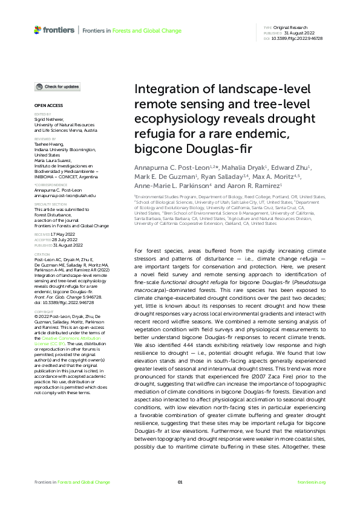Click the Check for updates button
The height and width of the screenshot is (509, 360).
click(x=57, y=87)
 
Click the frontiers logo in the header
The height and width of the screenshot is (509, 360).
click(x=54, y=29)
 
